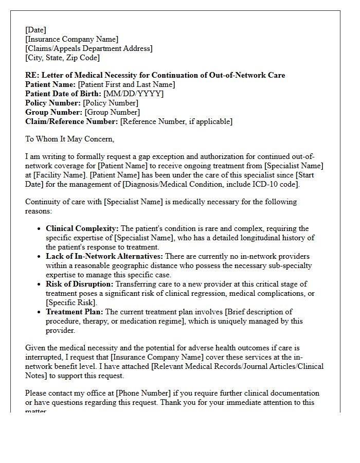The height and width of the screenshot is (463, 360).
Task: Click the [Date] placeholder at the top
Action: pos(35,30)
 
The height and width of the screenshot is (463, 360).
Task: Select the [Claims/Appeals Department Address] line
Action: pos(88,48)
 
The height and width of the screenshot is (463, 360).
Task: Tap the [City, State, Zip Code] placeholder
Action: pos(62,58)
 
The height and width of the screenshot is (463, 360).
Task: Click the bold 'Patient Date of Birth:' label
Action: pos(63,94)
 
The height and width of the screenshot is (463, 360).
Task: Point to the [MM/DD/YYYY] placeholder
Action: pos(133,94)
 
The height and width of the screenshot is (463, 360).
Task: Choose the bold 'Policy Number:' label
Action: pos(53,103)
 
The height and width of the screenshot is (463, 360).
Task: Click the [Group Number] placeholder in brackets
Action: pos(112,112)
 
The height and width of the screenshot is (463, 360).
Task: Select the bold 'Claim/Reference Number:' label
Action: pos(71,121)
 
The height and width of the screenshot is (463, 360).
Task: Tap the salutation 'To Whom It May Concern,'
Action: pos(70,139)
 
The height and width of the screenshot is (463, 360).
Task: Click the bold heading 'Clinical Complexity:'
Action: pos(82,228)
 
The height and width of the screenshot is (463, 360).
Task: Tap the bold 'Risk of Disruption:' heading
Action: pos(80,284)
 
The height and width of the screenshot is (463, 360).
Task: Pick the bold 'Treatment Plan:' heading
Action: pos(75,312)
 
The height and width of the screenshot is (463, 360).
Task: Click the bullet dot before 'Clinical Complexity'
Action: pos(40,229)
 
